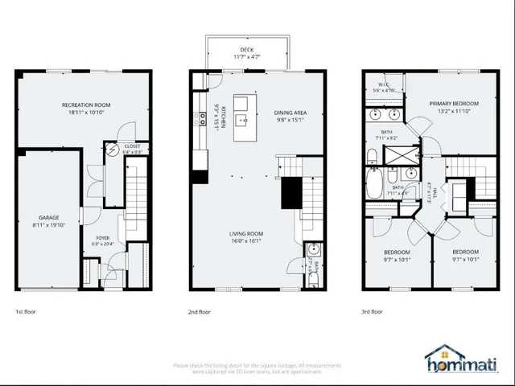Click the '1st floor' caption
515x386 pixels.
pos(25,311)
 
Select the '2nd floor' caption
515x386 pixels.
pos(200,311)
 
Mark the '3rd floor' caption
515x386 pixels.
pos(372,311)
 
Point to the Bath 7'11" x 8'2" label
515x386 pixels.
pos(387,135)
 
